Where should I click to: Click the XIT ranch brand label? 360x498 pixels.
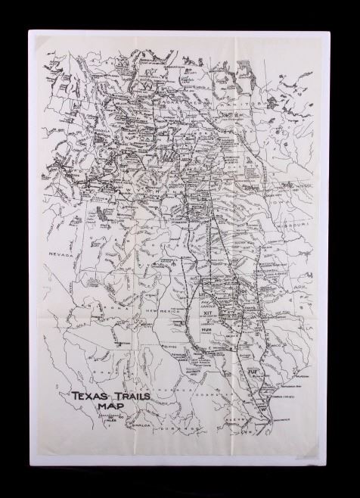pyautogui.click(x=207, y=310)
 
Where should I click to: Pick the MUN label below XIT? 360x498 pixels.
pyautogui.click(x=206, y=330)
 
